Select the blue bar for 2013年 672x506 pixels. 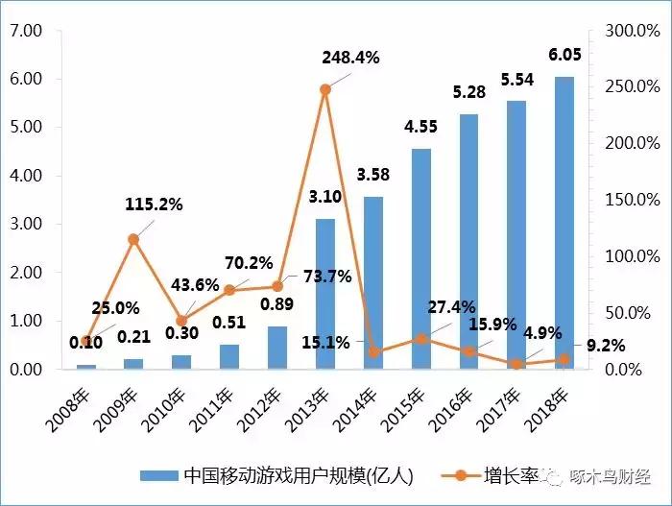[325, 294]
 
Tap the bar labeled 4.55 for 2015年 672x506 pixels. [420, 258]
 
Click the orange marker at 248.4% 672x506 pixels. [325, 89]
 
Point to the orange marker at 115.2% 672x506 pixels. [133, 239]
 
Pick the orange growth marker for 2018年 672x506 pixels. [564, 359]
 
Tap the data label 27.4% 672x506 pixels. [450, 307]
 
